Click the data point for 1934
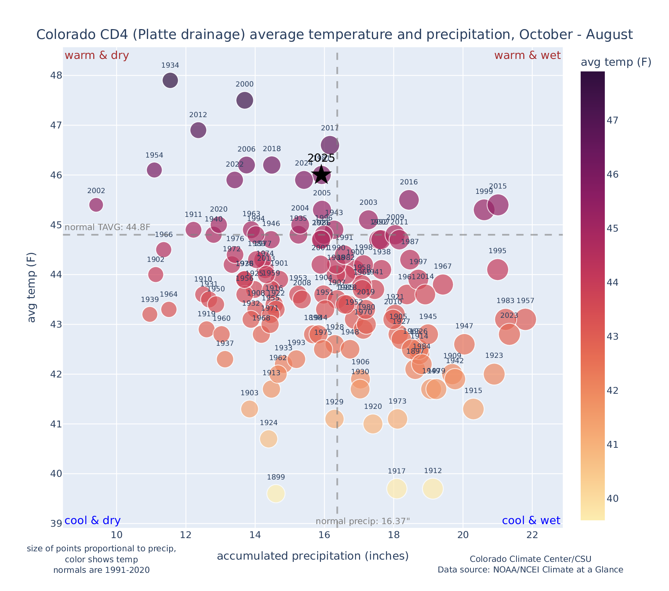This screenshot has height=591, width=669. point(170,80)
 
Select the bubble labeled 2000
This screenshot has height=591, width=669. point(245,100)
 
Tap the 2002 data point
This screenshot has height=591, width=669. point(96,205)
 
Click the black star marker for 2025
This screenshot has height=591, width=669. point(321,175)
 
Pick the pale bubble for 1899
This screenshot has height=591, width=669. point(276,494)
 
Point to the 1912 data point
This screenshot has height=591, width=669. point(433,489)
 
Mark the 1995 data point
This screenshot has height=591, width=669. point(498,269)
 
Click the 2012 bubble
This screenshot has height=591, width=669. point(198,130)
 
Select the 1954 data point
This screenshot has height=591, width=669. point(154,170)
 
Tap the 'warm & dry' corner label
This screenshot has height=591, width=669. point(97,56)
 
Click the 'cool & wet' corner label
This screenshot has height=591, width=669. point(531,521)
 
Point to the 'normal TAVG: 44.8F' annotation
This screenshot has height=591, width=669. point(108,227)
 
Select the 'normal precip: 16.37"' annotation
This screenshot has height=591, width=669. point(362,521)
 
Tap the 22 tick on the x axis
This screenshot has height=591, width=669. point(532,535)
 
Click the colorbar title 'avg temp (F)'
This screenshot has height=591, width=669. point(616,62)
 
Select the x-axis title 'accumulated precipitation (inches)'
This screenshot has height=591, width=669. point(313,556)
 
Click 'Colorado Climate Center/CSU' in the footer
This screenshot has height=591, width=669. point(530,559)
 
